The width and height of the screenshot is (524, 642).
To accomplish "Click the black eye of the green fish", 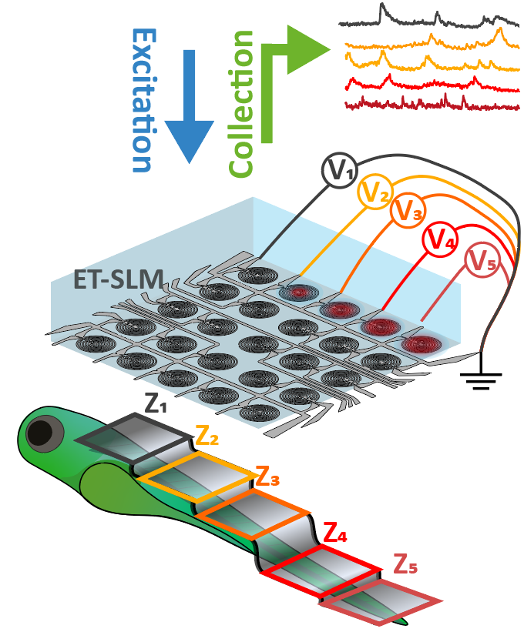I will pos(39,433).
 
